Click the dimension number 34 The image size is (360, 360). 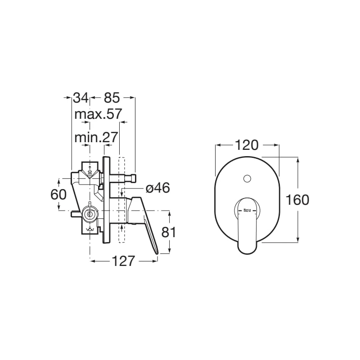81,97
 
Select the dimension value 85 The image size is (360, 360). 112,97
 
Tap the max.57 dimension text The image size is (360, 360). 98,114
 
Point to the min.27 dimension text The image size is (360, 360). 96,137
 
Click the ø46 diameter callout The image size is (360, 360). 157,188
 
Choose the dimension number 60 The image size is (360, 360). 58,194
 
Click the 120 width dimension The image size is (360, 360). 247,145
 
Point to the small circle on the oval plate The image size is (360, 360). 246,179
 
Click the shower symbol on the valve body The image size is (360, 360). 91,171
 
